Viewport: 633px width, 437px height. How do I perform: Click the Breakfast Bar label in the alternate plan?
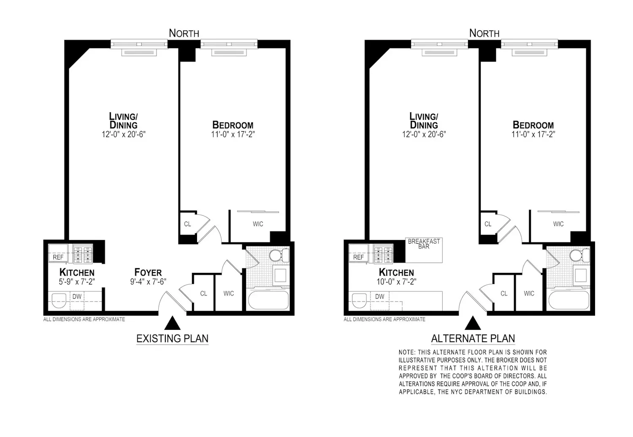[x=424, y=244]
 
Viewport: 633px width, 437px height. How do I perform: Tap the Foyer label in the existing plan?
[x=148, y=272]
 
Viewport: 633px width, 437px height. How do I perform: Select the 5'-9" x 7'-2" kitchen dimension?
[x=77, y=282]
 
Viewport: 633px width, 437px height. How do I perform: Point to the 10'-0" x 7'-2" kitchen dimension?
[x=397, y=282]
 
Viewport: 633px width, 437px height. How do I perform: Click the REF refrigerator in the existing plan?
[x=58, y=254]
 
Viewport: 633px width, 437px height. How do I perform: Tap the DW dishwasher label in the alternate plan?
[x=379, y=296]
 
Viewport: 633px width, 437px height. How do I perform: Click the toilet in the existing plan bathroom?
[x=279, y=255]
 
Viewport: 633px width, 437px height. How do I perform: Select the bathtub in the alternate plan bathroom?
[x=569, y=300]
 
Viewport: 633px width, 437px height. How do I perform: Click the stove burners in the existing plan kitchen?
[x=83, y=254]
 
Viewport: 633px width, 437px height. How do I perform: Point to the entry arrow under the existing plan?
[x=172, y=323]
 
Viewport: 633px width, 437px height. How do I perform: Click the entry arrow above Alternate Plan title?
[x=473, y=323]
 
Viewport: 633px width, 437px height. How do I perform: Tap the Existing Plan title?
[x=172, y=338]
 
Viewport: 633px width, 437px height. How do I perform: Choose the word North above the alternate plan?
[x=484, y=33]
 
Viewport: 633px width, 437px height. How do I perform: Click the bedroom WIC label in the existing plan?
[x=258, y=224]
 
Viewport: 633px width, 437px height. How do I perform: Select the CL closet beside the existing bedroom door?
[x=188, y=224]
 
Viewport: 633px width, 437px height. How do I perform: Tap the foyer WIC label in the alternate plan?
[x=529, y=294]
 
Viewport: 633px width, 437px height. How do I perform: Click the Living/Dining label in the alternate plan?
[x=424, y=121]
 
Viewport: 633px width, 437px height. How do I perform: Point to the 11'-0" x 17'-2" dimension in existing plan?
[x=233, y=134]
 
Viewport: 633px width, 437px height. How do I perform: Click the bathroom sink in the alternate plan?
[x=581, y=275]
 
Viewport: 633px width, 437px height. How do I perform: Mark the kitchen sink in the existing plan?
[x=59, y=301]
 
